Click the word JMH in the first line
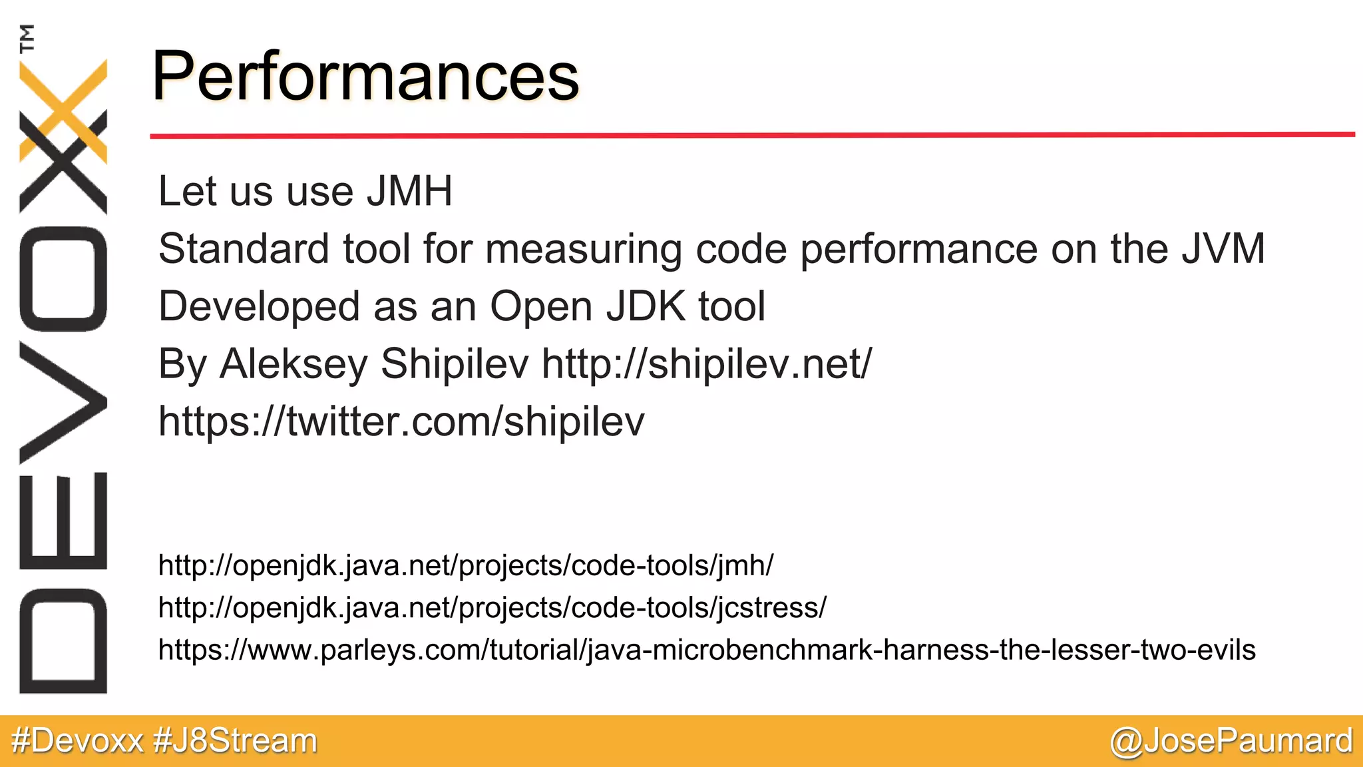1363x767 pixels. pos(409,192)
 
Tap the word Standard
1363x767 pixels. pos(244,249)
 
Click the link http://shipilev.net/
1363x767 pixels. pos(706,364)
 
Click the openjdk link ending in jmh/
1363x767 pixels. pos(465,566)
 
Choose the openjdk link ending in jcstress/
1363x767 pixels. pos(492,608)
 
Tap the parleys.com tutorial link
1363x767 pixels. pos(706,650)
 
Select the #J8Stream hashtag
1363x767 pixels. pos(235,741)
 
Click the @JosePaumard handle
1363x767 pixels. pos(1231,741)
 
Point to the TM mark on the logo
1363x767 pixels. pos(27,38)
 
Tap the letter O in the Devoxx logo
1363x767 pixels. pos(63,279)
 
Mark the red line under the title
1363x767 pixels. pos(752,135)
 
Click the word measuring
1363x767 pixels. pos(583,250)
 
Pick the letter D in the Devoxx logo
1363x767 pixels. pos(63,640)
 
